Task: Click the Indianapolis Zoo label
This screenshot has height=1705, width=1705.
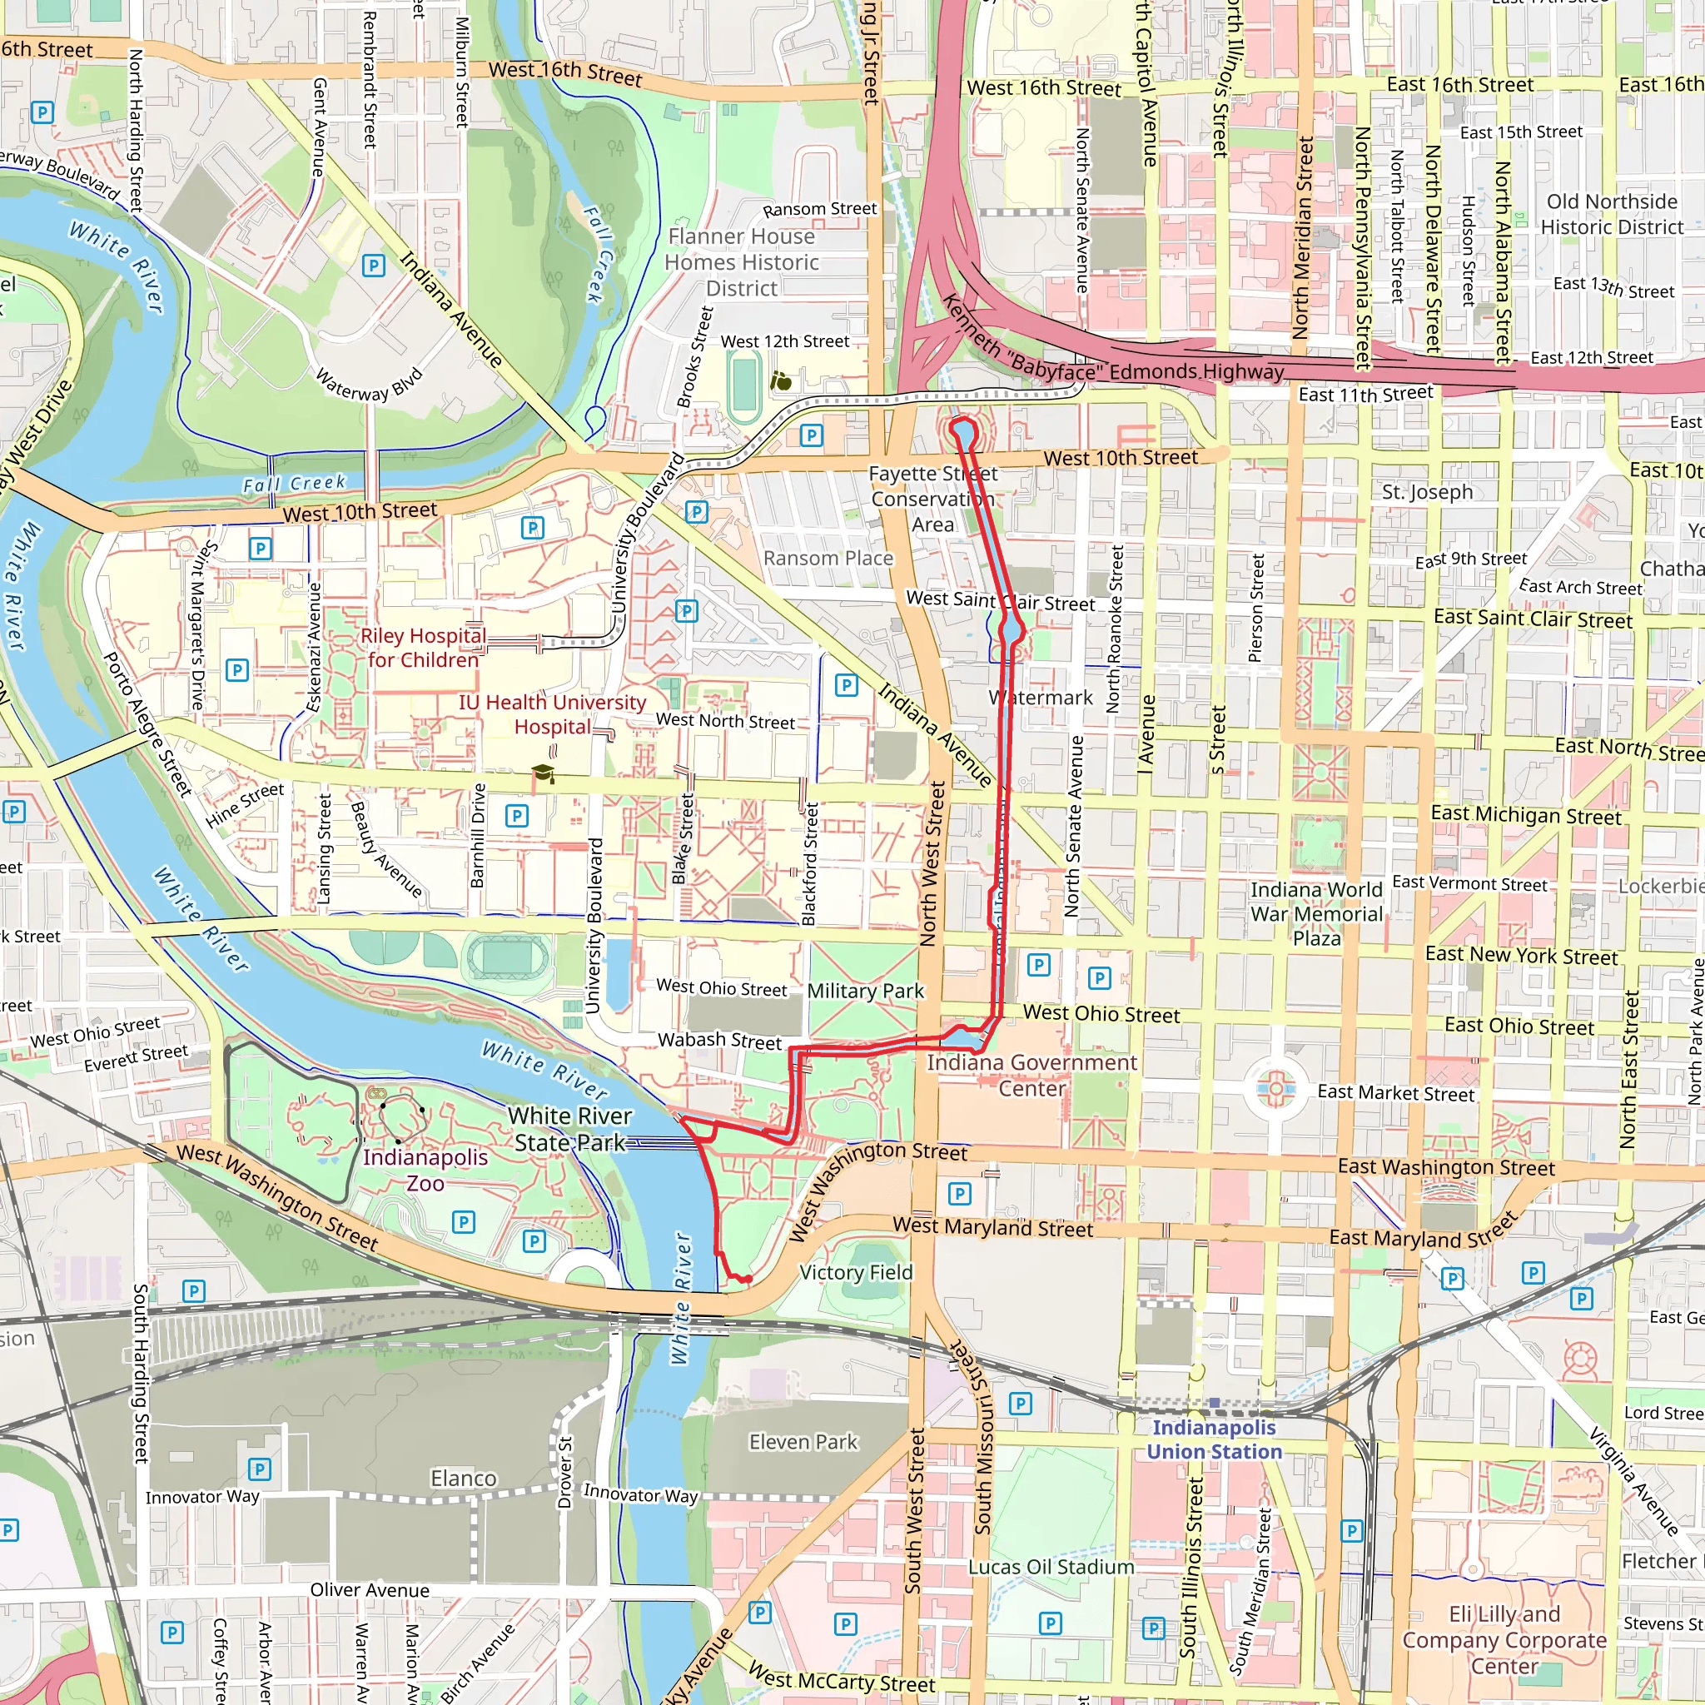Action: coord(425,1170)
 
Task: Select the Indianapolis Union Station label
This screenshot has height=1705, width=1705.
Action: coord(1214,1439)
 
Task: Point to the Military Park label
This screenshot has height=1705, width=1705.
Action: coord(865,990)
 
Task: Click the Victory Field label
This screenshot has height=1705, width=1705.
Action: coord(855,1272)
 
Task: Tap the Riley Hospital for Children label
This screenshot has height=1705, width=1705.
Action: coord(423,647)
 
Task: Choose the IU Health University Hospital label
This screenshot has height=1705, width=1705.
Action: coord(552,714)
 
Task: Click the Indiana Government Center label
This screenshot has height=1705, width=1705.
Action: coord(1031,1074)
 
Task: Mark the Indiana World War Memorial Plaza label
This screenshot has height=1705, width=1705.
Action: coord(1316,913)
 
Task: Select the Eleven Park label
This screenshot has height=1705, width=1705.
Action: coord(803,1441)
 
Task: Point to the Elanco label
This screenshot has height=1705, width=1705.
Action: coord(464,1478)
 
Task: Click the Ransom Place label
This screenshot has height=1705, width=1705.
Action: coord(827,558)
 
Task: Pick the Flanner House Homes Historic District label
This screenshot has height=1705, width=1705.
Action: coord(740,262)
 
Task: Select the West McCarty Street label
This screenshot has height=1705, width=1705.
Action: coord(840,1676)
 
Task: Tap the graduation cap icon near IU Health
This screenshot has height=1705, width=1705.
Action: coord(543,773)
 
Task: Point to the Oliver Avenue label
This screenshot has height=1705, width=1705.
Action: coord(370,1589)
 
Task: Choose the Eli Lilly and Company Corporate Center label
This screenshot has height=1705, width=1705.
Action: coord(1504,1640)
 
